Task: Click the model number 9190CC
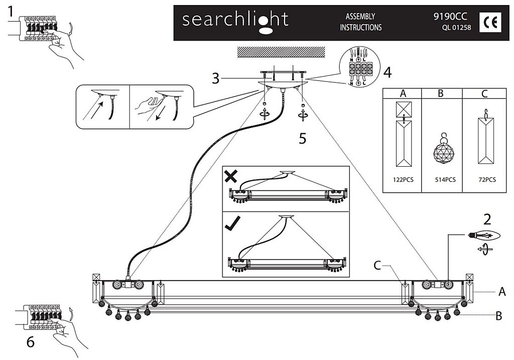pyautogui.click(x=450, y=17)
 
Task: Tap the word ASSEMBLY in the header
pyautogui.click(x=360, y=17)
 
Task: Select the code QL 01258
pyautogui.click(x=456, y=28)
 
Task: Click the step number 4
pyautogui.click(x=387, y=72)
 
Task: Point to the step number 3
pyautogui.click(x=215, y=78)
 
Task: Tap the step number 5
pyautogui.click(x=302, y=138)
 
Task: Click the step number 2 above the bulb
pyautogui.click(x=486, y=219)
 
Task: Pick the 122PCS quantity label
pyautogui.click(x=403, y=180)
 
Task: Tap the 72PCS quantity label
pyautogui.click(x=485, y=180)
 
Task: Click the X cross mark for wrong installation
pyautogui.click(x=231, y=176)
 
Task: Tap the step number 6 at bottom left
pyautogui.click(x=30, y=342)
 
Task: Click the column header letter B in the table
pyautogui.click(x=441, y=93)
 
